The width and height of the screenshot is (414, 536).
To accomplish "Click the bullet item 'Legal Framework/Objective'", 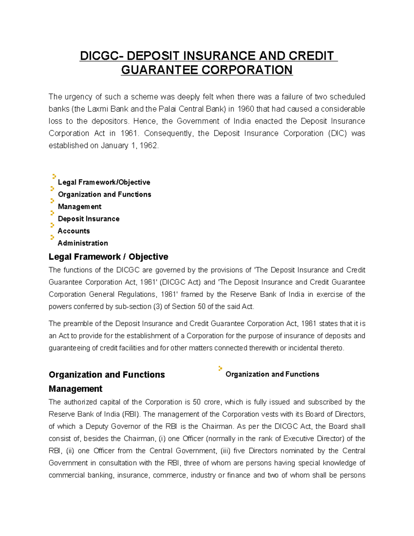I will click(104, 182).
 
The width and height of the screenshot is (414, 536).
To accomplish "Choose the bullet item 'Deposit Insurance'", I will click(89, 219).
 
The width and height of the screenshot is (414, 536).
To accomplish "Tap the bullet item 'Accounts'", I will click(74, 231).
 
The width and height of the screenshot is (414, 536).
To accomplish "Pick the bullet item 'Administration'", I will click(83, 243).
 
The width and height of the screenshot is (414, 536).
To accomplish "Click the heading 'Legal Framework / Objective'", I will click(108, 257).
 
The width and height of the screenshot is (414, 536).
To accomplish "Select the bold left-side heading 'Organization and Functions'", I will click(107, 375).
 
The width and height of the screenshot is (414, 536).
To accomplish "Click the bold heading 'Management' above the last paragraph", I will click(75, 389).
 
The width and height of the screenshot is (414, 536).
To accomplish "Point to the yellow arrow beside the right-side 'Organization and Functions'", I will click(220, 369).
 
